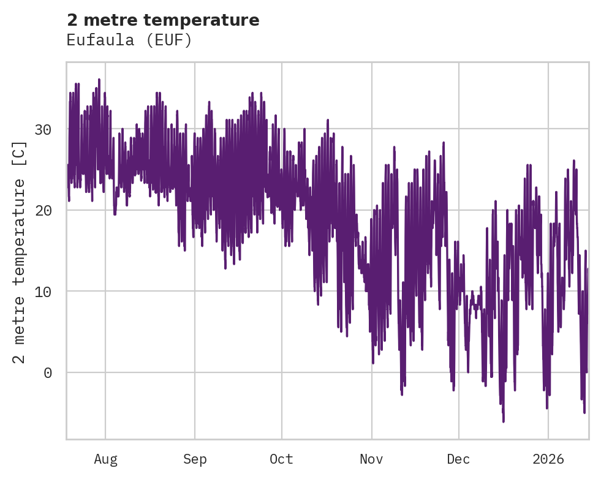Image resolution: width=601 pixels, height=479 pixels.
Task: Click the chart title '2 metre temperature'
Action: [163, 20]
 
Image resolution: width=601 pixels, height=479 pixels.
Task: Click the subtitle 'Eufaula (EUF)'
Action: [129, 40]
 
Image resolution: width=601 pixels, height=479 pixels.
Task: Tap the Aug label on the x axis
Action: [105, 459]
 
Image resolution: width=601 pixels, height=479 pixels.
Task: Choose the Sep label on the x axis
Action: [195, 459]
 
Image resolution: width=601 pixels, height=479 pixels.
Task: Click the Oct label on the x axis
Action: [282, 459]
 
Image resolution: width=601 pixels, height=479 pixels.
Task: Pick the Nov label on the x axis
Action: [371, 459]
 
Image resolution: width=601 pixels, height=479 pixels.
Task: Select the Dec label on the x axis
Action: [458, 459]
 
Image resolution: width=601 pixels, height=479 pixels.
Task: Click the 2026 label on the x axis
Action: [548, 459]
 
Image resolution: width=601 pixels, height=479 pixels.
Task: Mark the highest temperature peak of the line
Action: [99, 80]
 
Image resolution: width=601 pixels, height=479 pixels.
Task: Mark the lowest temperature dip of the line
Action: [504, 421]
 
